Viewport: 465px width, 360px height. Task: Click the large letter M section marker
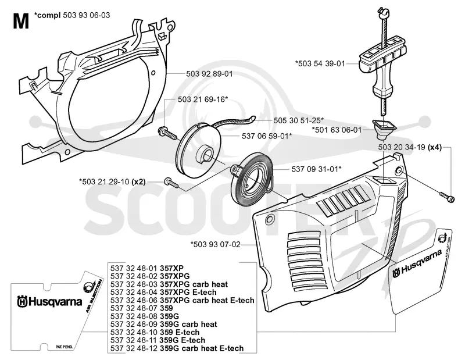[21, 21]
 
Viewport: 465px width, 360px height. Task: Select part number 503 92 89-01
[209, 74]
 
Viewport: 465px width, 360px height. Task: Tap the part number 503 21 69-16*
[203, 99]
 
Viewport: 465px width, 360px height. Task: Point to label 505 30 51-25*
[299, 120]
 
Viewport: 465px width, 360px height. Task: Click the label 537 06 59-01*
[267, 136]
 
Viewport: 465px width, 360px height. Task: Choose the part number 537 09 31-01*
[316, 169]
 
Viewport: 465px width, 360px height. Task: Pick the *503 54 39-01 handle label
[320, 63]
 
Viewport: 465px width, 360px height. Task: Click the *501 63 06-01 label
[337, 130]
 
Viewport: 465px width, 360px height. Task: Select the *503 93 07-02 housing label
[215, 244]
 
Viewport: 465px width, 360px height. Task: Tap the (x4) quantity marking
[435, 147]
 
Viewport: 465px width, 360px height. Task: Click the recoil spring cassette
[253, 182]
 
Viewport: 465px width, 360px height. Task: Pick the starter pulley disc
[199, 151]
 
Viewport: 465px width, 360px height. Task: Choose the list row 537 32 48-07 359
[142, 308]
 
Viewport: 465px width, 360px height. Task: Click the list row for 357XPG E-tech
[163, 293]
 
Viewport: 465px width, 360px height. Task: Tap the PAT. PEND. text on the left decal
[64, 347]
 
